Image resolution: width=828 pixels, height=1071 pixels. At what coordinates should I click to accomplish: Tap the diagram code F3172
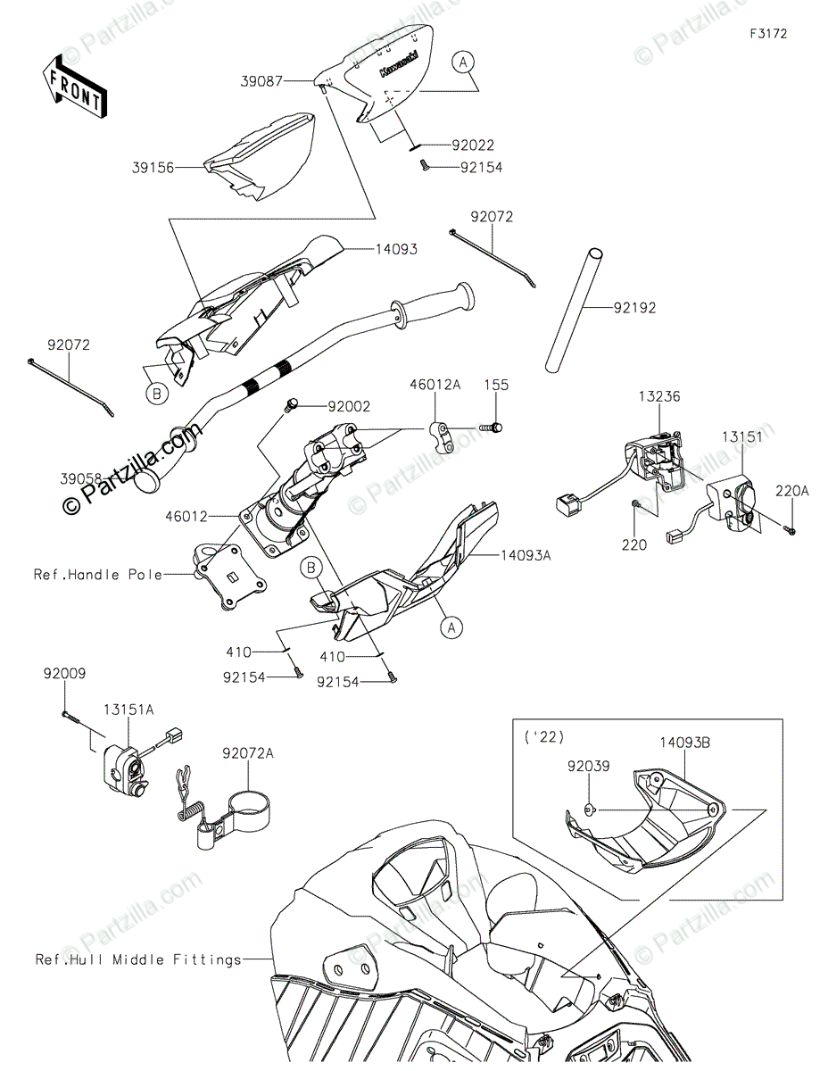click(x=768, y=34)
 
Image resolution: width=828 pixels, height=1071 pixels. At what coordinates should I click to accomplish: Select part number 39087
click(x=260, y=80)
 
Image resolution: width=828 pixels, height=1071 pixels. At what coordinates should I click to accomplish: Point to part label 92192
click(x=634, y=309)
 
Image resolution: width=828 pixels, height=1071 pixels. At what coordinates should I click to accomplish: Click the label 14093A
click(x=525, y=555)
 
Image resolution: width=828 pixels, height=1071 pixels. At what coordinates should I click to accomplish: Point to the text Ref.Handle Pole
click(x=98, y=575)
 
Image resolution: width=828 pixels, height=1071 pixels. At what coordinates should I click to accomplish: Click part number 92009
click(x=63, y=675)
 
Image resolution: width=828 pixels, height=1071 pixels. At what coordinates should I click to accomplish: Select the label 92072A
click(x=248, y=753)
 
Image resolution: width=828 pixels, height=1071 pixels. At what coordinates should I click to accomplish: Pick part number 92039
click(x=587, y=765)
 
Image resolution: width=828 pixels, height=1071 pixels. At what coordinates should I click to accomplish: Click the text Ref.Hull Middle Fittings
click(x=138, y=960)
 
